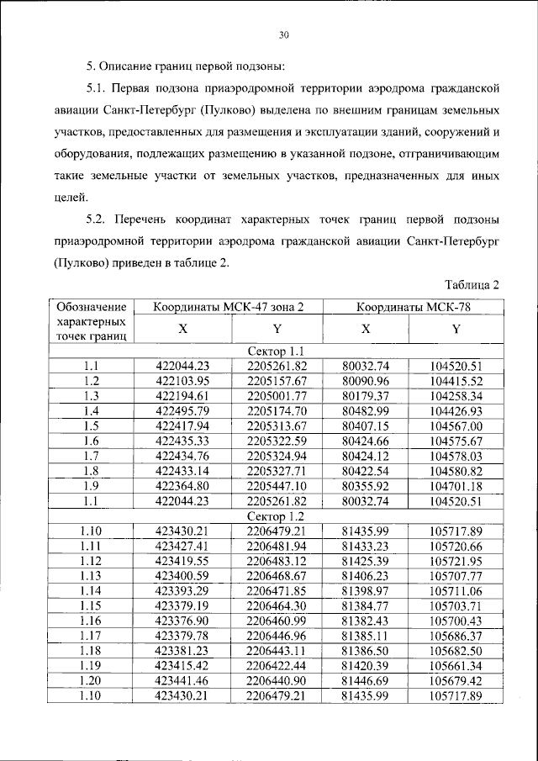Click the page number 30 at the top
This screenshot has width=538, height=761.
(x=283, y=34)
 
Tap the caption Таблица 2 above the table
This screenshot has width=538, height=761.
(x=472, y=283)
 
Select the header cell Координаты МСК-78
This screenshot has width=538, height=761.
(x=413, y=307)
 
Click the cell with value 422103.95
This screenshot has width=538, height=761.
(x=182, y=380)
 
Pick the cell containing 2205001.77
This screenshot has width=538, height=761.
(x=277, y=395)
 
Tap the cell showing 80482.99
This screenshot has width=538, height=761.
(x=366, y=410)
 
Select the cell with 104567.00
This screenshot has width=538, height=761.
(x=455, y=425)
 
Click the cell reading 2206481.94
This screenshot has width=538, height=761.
(x=277, y=545)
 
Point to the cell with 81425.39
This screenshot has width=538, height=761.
(x=366, y=560)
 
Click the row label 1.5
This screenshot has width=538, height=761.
(x=92, y=425)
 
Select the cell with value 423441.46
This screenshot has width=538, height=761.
(x=182, y=679)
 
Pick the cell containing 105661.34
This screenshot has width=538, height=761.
(x=455, y=664)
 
